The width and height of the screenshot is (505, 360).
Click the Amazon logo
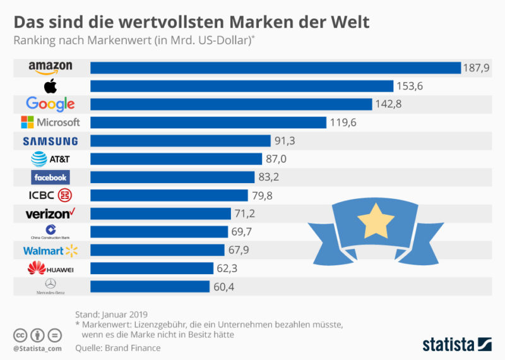[50, 68]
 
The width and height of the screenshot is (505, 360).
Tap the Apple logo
[50, 86]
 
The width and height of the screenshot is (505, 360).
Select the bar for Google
[231, 104]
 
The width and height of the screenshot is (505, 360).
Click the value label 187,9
[477, 68]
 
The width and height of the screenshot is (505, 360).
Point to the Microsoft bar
[208, 123]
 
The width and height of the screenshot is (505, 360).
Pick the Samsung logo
[50, 141]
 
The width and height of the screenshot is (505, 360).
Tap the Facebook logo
[50, 177]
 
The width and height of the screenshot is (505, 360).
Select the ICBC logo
[50, 195]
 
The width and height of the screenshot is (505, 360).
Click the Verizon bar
[160, 213]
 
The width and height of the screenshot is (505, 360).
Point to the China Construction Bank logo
[50, 232]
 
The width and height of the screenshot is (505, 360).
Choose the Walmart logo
[50, 251]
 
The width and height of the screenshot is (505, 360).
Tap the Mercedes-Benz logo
[50, 287]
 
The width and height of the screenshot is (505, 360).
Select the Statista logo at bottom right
[456, 344]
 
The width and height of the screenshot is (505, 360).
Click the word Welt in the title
[347, 22]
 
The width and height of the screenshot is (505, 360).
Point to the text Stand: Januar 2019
[111, 313]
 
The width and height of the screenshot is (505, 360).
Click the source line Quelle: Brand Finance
[117, 347]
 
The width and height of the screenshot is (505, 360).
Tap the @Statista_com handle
[37, 348]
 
